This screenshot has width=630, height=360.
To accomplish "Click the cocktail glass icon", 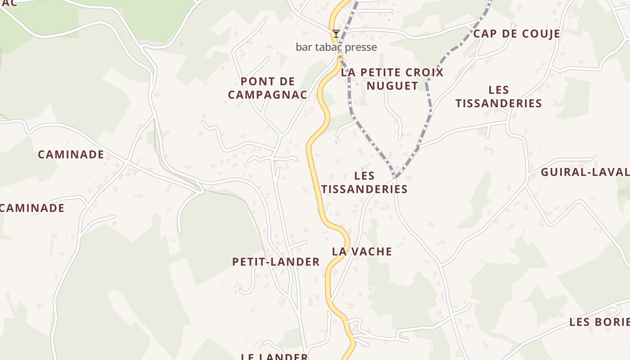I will (336, 34).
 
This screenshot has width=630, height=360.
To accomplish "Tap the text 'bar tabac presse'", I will (336, 47).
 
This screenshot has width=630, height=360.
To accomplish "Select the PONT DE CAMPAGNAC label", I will (267, 88).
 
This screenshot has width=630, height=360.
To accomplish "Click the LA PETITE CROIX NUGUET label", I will (392, 79).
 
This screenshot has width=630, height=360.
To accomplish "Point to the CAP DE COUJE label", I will (517, 34).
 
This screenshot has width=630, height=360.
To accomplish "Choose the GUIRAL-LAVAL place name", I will (585, 172).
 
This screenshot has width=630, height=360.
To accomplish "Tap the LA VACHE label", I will (362, 252).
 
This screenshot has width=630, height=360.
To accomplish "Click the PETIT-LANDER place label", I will (276, 262).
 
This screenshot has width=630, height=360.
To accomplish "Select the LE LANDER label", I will (274, 357).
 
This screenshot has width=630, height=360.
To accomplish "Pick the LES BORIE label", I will (599, 322).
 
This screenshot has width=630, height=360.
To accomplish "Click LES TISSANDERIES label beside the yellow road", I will (364, 182).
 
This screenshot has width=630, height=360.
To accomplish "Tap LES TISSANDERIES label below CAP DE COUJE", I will (498, 97).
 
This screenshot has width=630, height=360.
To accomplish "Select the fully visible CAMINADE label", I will (71, 155).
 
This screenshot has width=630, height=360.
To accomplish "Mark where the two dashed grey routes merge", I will (395, 177).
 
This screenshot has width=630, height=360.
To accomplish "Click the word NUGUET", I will (392, 85).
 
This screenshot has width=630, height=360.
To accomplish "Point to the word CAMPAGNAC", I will (267, 95).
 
